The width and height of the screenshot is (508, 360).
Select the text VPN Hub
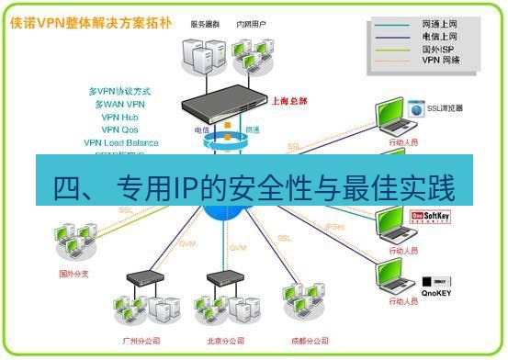point(120,118)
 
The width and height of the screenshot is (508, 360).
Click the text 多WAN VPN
point(120,105)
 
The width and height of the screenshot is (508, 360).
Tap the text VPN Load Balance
point(120,143)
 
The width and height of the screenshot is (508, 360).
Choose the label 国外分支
point(72,273)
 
